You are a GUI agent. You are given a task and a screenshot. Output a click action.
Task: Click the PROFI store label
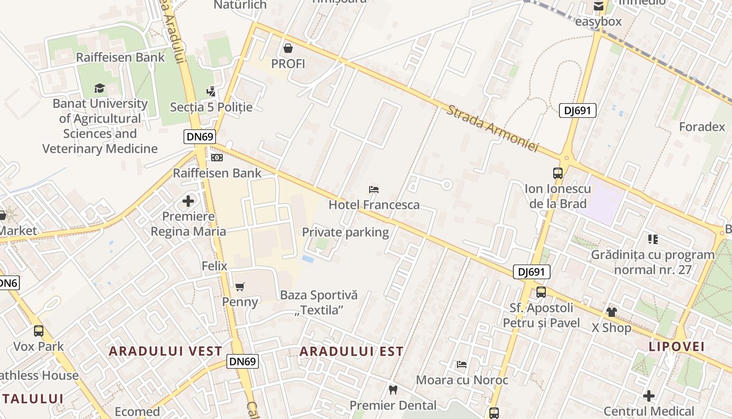[288, 64]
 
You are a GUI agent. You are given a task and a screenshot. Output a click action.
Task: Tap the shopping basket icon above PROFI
[288, 49]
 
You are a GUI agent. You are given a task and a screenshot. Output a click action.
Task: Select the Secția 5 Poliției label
[211, 107]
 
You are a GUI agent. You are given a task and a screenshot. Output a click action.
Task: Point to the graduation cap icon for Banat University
[99, 88]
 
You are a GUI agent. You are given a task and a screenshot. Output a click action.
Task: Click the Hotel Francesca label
[374, 205]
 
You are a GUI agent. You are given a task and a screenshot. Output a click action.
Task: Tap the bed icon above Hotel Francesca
[374, 190]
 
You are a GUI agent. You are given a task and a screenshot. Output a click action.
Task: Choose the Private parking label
[346, 232]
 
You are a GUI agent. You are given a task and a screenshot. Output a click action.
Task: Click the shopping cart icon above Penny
[240, 286]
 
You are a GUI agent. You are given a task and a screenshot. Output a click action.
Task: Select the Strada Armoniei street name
[492, 128]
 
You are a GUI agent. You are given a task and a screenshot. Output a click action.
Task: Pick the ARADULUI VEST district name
[165, 351]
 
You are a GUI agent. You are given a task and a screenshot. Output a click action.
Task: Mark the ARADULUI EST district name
[351, 351]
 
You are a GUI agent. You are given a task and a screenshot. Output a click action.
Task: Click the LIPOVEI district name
[677, 346]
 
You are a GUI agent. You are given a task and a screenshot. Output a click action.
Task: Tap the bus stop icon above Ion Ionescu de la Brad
[558, 173]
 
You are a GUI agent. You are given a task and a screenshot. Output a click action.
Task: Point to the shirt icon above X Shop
[611, 312]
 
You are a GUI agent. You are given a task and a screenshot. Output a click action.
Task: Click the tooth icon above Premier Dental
[393, 390]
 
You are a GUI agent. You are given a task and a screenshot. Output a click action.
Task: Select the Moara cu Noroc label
[462, 380]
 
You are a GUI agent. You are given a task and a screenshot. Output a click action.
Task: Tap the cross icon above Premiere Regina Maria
[188, 201]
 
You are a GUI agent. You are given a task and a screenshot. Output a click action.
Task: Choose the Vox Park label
[39, 346]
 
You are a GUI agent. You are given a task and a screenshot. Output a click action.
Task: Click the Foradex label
[702, 127]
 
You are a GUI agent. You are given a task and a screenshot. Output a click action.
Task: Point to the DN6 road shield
[8, 283]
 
